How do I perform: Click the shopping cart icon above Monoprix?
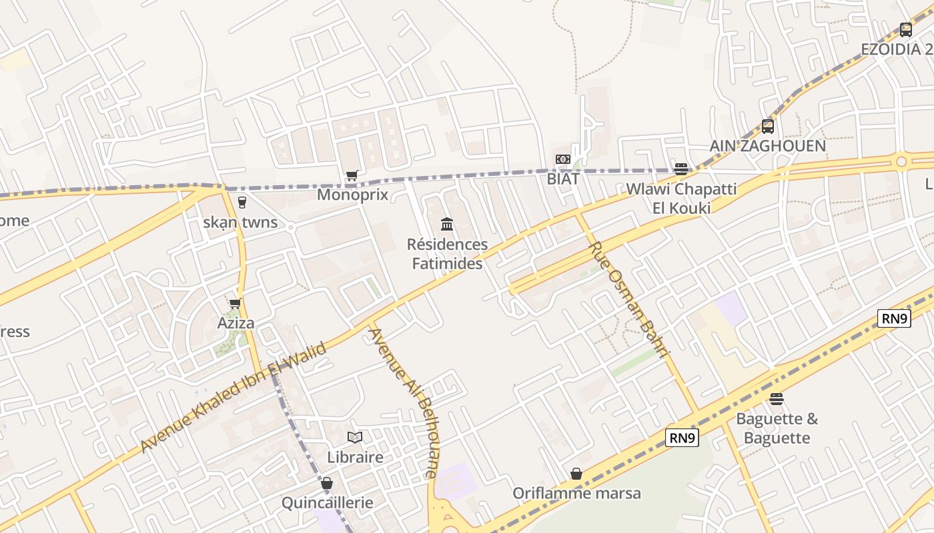pyautogui.click(x=352, y=176)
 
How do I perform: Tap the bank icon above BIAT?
pyautogui.click(x=562, y=159)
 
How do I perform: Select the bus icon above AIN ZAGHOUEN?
pyautogui.click(x=767, y=126)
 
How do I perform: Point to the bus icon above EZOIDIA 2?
pyautogui.click(x=905, y=29)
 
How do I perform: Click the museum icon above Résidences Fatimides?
pyautogui.click(x=447, y=224)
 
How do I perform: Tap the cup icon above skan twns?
pyautogui.click(x=242, y=203)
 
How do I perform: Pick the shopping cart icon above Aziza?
pyautogui.click(x=235, y=304)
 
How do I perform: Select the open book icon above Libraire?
pyautogui.click(x=355, y=438)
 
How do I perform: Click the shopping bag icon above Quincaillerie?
pyautogui.click(x=326, y=483)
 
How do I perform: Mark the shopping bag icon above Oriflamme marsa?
pyautogui.click(x=576, y=474)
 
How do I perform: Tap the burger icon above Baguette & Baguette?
pyautogui.click(x=776, y=399)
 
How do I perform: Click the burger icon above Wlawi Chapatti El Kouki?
pyautogui.click(x=680, y=169)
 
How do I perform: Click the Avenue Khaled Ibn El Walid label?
pyautogui.click(x=233, y=398)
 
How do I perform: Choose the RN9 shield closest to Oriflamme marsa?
pyautogui.click(x=682, y=438)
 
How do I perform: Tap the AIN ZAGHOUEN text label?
pyautogui.click(x=767, y=146)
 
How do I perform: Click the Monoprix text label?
pyautogui.click(x=352, y=195)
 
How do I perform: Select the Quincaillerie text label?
pyautogui.click(x=327, y=502)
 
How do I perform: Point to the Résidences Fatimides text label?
pyautogui.click(x=447, y=254)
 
